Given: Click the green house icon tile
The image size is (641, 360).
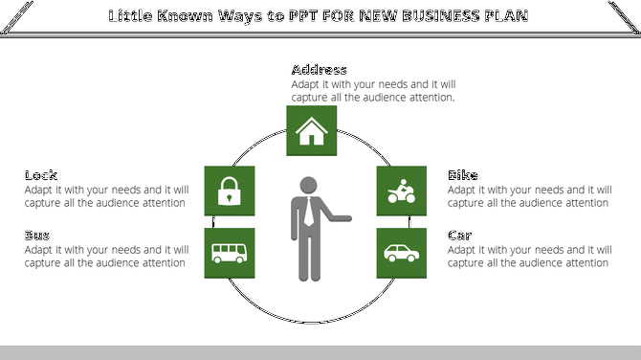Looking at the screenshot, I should coord(311,130).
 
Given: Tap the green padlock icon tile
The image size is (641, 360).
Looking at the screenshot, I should coord(229,191).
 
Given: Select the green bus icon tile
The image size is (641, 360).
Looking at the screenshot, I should coord(229,253).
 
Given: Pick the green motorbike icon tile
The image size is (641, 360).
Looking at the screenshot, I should coord(400,191).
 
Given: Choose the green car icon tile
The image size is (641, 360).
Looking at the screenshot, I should coord(400,253).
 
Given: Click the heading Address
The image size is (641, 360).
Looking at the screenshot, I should coord(319,70).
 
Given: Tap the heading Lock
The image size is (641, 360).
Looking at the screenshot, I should coord(41,175).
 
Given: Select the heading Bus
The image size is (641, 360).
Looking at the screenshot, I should coord(37,236).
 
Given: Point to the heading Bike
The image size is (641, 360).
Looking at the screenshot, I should coord(463,175).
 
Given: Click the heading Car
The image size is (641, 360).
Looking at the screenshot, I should coord(461,236).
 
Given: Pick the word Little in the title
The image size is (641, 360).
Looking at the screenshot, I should coord(131,16).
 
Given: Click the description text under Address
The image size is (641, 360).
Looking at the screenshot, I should coord(373,91).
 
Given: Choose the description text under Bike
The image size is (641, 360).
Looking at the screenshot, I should coord(529,196).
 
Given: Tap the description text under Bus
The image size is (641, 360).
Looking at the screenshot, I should coord(106,256).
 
